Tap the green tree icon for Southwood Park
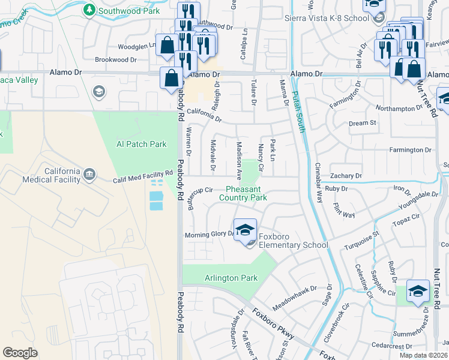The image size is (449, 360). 89,10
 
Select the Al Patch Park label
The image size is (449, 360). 141,144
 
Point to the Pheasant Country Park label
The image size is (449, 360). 243,193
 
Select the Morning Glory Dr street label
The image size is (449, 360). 208,235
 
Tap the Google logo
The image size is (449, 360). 20,353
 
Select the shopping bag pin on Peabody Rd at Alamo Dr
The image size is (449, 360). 172,77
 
